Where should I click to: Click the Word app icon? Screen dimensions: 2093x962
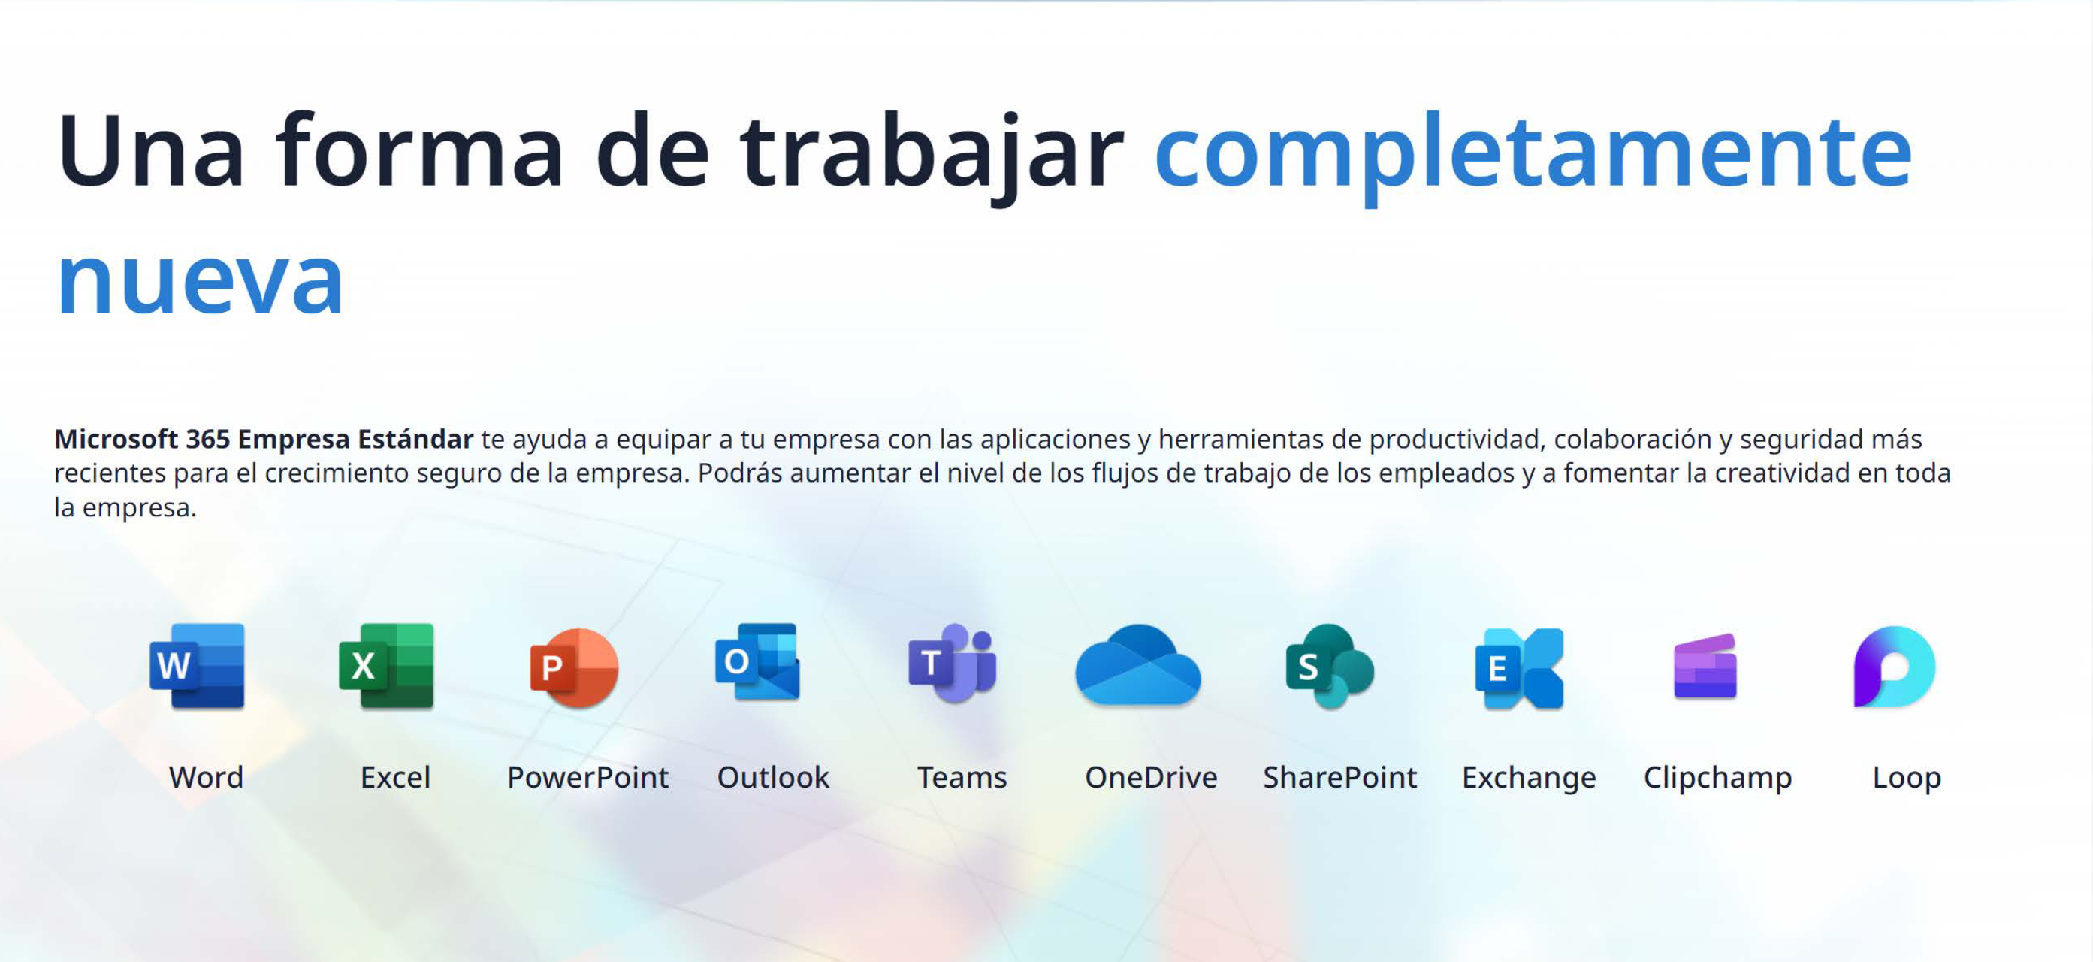coord(198,666)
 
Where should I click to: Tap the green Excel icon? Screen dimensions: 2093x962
coord(387,666)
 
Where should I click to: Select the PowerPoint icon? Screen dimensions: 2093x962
coord(575,668)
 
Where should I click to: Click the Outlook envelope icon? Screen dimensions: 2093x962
coord(758,662)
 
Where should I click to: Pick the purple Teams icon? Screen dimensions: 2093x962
coord(953,663)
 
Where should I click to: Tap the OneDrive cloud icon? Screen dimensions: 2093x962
coord(1137,665)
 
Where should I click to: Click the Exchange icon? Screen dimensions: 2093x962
coord(1519,669)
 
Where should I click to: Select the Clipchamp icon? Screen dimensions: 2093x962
coord(1705,666)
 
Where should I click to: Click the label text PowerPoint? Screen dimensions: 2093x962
coord(587,778)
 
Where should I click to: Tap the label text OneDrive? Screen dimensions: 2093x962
coord(1152,778)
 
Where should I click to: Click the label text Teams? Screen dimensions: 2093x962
coord(962,778)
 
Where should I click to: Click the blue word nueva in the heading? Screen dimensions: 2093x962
coord(200,281)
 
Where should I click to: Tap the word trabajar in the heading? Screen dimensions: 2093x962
coord(932,154)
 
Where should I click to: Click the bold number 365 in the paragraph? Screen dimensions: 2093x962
coord(208,439)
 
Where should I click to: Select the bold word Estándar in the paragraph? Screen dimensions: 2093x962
coord(415,438)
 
